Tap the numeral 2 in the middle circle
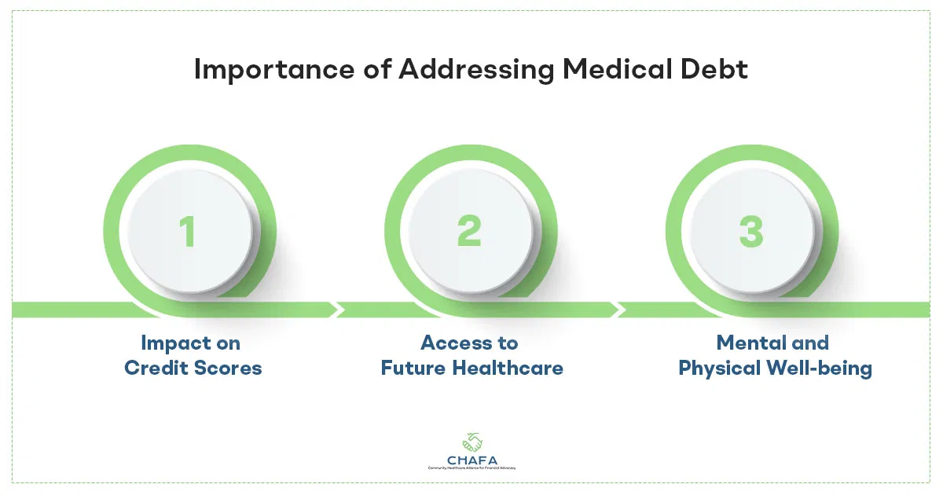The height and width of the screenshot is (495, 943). [x=469, y=233]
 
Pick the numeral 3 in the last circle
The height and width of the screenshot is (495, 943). [x=750, y=233]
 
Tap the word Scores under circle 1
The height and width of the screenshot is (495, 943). [x=229, y=368]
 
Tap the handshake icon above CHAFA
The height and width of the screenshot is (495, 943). [x=472, y=438]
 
